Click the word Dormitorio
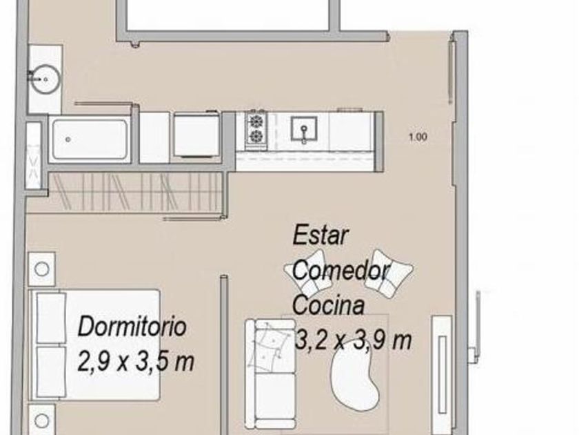(132, 327)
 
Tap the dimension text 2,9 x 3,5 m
(136, 360)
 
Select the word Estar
(321, 235)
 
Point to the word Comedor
(341, 271)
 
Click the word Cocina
(329, 305)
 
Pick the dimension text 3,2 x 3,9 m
(353, 340)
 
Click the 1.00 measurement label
(418, 137)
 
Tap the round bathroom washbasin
(45, 79)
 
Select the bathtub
(90, 139)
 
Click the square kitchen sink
(303, 128)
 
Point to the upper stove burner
(256, 121)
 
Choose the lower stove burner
(256, 136)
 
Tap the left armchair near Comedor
(306, 273)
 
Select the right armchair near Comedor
(387, 273)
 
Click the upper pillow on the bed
(51, 318)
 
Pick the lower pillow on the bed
(51, 371)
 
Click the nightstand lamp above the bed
(42, 269)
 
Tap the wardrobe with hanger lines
(135, 192)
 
